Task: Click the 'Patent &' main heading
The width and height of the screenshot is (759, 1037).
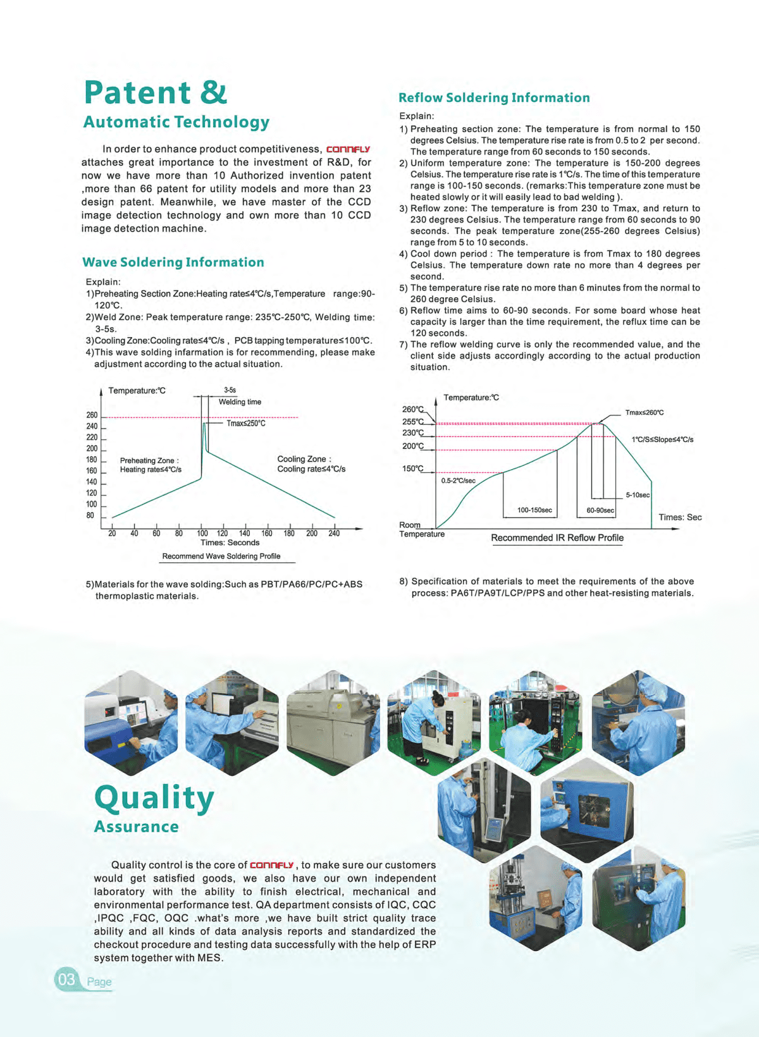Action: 156,93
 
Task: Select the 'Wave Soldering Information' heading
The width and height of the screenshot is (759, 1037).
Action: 173,262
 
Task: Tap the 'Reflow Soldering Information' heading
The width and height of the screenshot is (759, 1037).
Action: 494,98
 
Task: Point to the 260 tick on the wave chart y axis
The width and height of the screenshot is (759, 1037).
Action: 92,415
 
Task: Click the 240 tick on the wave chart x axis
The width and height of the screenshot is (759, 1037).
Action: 334,533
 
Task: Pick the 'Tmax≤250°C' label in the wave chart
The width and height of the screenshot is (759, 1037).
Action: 246,424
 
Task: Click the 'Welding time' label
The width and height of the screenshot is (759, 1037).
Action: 240,402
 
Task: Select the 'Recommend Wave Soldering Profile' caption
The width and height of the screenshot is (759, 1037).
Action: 221,556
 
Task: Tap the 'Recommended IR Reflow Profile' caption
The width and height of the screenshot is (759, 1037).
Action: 557,538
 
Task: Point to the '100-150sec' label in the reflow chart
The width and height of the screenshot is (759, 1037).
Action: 534,510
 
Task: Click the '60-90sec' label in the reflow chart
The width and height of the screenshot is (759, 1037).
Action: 600,510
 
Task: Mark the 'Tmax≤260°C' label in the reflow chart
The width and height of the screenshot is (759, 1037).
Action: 645,413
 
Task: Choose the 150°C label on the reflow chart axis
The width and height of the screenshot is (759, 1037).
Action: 412,469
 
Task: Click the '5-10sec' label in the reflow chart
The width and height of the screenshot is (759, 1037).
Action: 638,495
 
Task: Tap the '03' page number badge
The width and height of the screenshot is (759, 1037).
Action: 66,980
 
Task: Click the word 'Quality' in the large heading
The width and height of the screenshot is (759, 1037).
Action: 154,799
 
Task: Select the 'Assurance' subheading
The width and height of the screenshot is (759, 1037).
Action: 137,827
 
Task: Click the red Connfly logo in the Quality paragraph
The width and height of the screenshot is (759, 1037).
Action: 272,865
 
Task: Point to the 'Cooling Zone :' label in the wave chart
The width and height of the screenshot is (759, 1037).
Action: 304,459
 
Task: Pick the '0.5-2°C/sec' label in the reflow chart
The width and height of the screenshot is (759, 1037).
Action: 459,481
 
